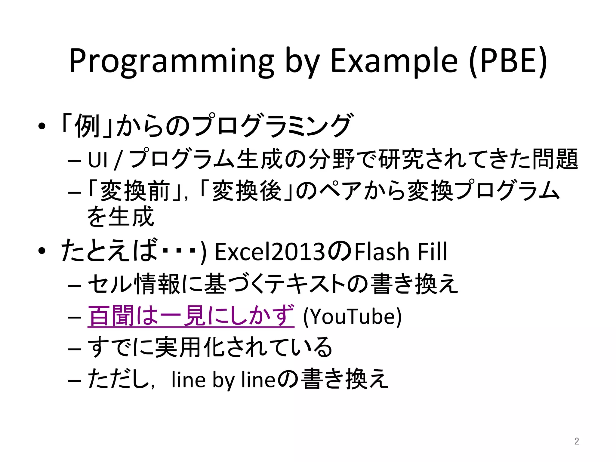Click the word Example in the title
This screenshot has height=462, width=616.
coord(394,62)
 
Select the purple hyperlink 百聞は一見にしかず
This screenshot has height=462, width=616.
coord(191,316)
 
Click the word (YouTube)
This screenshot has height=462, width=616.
coord(352,316)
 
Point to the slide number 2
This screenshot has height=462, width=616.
coord(576,441)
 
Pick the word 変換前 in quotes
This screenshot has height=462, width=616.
coord(135,191)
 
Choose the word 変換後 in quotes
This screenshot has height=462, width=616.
coord(247,191)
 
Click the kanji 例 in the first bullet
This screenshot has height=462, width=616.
coord(87,126)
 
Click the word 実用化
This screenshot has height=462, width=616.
coord(189,347)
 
